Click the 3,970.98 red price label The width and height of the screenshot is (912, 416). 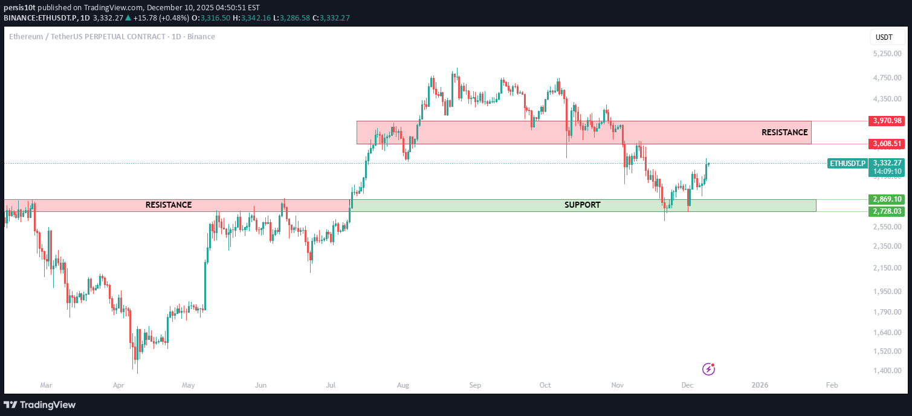tap(887, 121)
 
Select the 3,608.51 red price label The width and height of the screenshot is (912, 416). tap(887, 144)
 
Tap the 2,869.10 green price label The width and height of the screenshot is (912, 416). tap(887, 199)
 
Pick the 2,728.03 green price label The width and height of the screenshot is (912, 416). tap(887, 211)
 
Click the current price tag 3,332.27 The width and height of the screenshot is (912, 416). tap(887, 163)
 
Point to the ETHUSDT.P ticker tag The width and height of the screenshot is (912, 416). tap(847, 163)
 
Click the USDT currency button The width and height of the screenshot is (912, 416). tap(884, 37)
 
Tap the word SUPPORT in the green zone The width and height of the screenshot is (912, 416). tap(582, 205)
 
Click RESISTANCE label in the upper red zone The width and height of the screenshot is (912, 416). tap(784, 132)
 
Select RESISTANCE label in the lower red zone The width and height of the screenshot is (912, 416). tap(169, 205)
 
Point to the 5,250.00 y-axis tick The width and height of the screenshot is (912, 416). tap(887, 54)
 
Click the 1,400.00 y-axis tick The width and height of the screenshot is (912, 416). tap(887, 370)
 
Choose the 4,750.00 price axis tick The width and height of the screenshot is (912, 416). tap(887, 78)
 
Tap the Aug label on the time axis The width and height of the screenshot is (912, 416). tap(404, 385)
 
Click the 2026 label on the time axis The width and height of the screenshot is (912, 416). tap(760, 385)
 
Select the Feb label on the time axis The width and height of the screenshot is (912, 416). tap(832, 385)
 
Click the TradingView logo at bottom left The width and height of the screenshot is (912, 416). tap(40, 405)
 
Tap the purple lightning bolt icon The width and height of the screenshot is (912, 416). tap(709, 369)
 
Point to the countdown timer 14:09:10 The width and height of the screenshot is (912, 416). tap(887, 171)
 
